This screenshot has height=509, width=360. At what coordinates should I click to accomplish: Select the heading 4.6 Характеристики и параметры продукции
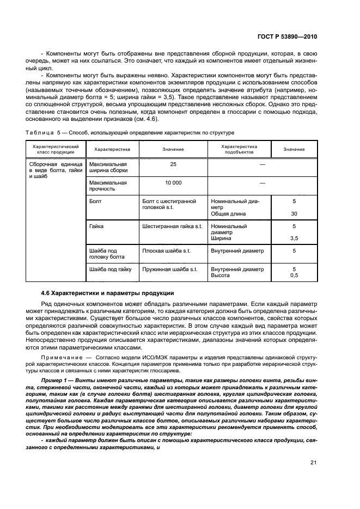pyautogui.click(x=108, y=293)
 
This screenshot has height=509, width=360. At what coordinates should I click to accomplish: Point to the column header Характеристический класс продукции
pyautogui.click(x=56, y=149)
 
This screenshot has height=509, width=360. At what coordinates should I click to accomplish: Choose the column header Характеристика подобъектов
pyautogui.click(x=239, y=149)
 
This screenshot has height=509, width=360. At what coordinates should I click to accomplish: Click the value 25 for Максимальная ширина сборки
pyautogui.click(x=173, y=164)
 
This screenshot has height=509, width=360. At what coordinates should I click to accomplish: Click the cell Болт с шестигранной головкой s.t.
pyautogui.click(x=169, y=204)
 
